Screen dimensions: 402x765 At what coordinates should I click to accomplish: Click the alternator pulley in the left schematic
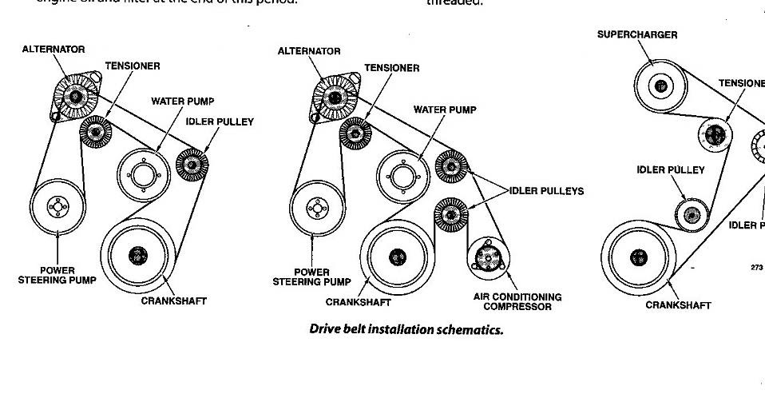pos(77,96)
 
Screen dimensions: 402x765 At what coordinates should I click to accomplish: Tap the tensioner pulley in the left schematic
pos(95,131)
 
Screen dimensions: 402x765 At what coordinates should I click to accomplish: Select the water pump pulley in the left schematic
pos(144,173)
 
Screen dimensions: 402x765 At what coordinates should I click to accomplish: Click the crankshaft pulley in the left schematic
pos(138,255)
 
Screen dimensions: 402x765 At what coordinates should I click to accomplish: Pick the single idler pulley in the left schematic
pos(192,165)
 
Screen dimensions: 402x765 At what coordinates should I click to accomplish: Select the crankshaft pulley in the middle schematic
pos(396,256)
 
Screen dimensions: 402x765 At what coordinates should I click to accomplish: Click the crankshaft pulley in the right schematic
pos(638,257)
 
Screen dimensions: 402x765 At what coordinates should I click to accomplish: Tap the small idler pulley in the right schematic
pos(692,214)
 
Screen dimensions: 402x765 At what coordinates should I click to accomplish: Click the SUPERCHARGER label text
pos(637,35)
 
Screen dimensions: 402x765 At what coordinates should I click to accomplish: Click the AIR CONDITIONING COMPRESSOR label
pos(517,301)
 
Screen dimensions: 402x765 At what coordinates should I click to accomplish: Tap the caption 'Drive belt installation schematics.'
pos(406,329)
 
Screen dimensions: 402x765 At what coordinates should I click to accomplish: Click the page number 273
pos(757,267)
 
